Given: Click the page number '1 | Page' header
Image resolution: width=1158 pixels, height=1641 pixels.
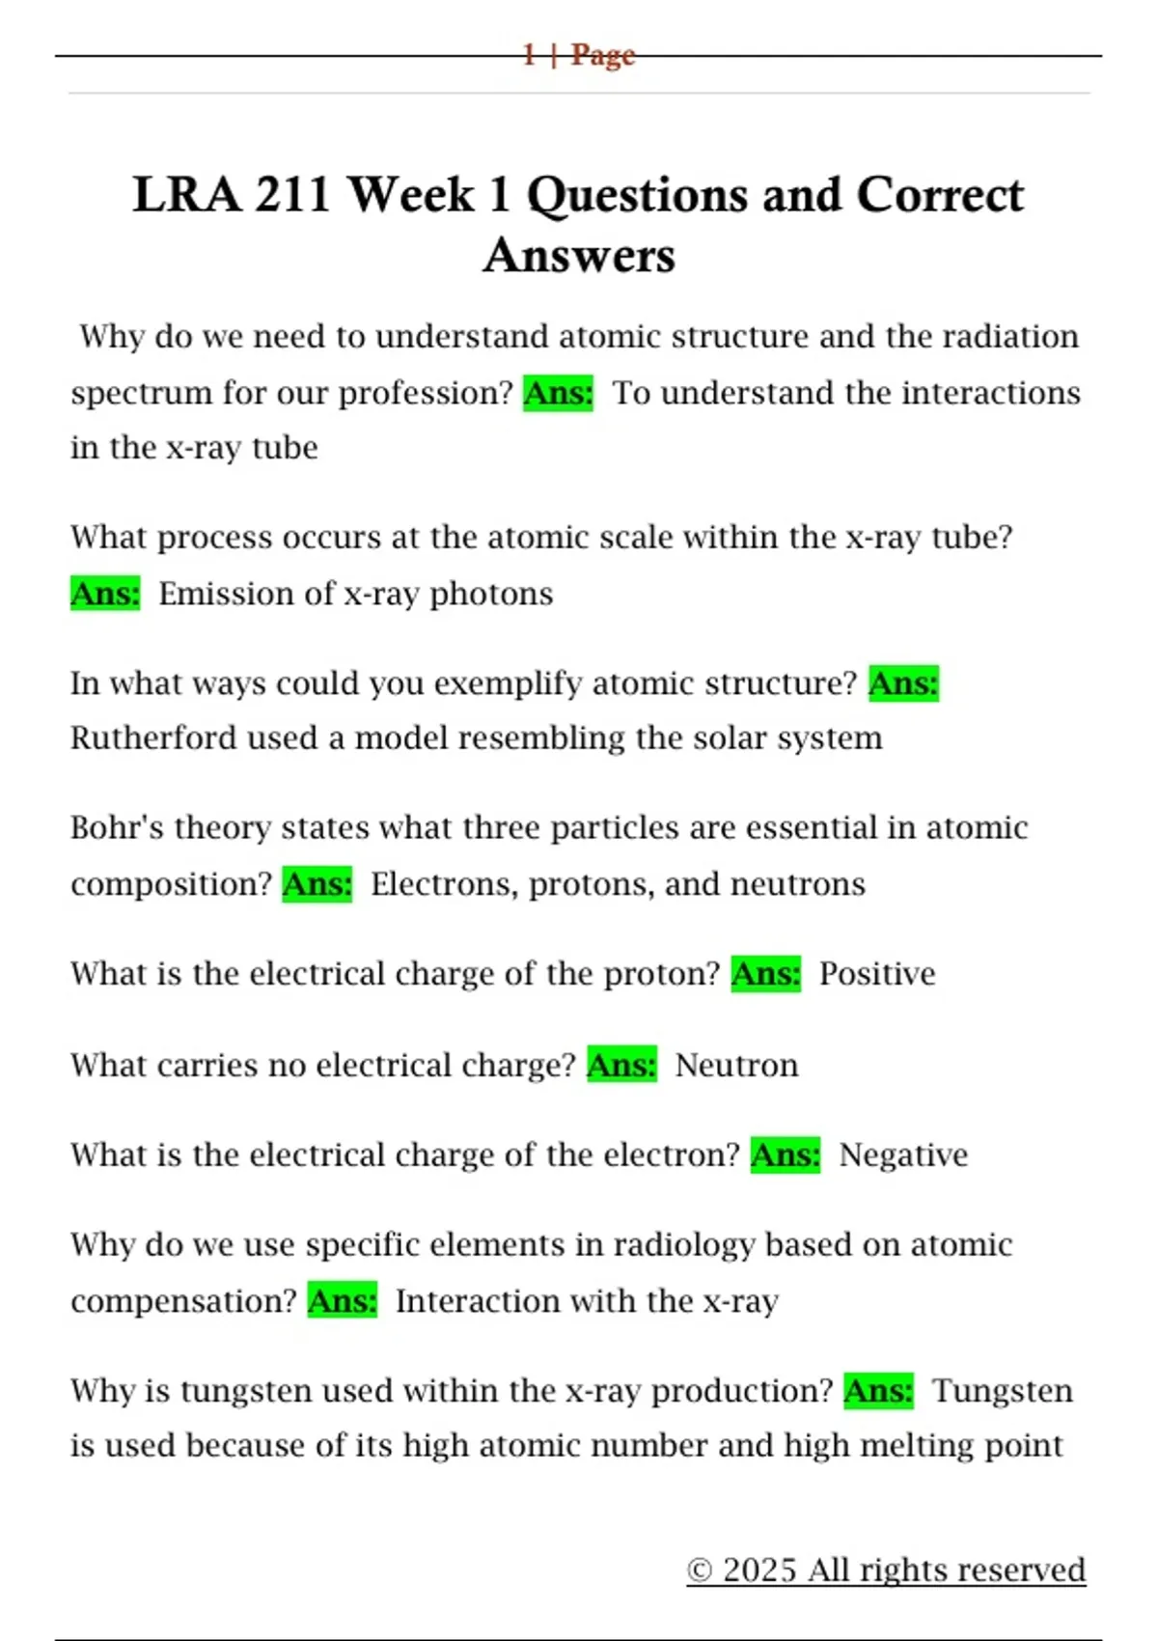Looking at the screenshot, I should [578, 55].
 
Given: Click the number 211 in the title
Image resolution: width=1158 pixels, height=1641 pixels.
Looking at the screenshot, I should [292, 194].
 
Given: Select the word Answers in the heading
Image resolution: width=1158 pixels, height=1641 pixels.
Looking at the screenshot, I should [579, 256].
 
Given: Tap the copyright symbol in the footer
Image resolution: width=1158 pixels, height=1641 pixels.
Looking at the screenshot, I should [699, 1571].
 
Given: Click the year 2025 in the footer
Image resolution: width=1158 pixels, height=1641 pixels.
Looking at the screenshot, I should [759, 1571].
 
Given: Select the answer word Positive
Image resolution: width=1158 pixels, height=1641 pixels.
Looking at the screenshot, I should [877, 974].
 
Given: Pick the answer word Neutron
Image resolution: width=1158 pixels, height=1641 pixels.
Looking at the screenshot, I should [736, 1066].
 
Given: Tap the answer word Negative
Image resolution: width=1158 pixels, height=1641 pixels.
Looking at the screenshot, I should [903, 1155].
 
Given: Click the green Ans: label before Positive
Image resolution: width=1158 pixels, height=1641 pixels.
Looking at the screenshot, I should [766, 974].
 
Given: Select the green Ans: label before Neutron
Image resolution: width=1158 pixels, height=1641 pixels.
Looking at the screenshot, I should [622, 1066].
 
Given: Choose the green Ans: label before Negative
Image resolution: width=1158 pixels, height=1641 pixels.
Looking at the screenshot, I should [786, 1155].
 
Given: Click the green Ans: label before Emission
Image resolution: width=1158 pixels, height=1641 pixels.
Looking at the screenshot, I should [105, 594].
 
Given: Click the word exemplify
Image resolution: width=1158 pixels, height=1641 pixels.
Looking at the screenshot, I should [508, 684].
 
